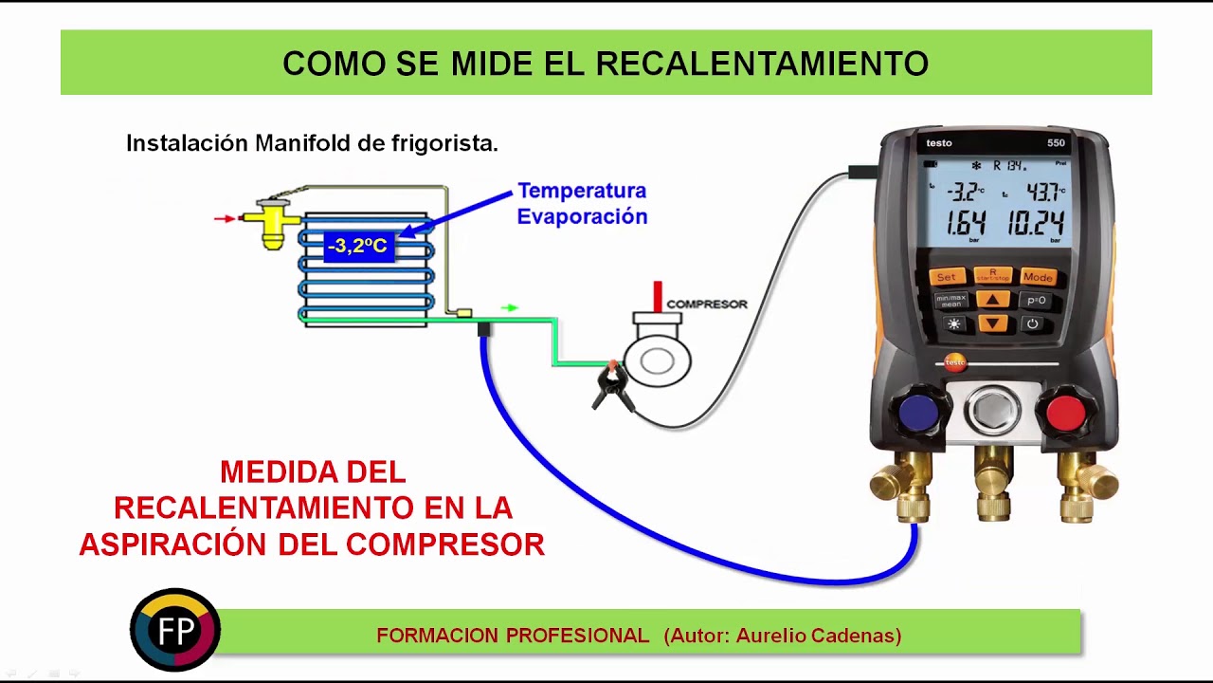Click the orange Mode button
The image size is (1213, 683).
(1038, 277)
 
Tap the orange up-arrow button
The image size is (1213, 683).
(992, 300)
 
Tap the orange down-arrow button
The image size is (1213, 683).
(992, 323)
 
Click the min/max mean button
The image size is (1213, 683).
(950, 301)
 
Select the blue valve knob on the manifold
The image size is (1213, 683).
(918, 413)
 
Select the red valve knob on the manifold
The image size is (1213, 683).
(1066, 413)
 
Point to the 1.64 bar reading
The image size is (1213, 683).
(966, 224)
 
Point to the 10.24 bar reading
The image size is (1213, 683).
(1035, 224)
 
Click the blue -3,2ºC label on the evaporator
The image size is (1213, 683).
(357, 247)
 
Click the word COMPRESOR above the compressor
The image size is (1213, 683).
(707, 305)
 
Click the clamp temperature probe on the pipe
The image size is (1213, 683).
(612, 385)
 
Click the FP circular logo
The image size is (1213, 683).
(175, 631)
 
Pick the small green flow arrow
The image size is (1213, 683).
(510, 307)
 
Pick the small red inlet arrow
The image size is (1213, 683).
(224, 219)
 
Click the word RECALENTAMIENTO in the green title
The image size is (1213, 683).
(762, 64)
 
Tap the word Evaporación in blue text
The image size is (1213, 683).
(582, 216)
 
